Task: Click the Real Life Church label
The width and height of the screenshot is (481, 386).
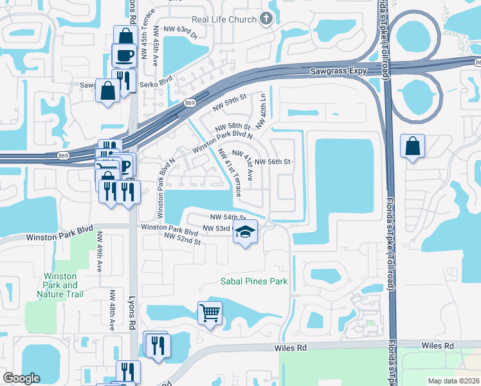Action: [224, 19]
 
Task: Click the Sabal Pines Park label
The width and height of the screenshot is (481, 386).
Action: [253, 281]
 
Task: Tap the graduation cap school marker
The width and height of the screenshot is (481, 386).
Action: [245, 232]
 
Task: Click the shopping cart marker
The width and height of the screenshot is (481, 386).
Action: [210, 313]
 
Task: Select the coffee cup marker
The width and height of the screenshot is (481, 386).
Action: [123, 54]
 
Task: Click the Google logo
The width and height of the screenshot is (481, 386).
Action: [22, 378]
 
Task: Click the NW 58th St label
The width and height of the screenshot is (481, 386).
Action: [232, 127]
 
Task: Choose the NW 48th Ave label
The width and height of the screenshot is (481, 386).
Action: [111, 310]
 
